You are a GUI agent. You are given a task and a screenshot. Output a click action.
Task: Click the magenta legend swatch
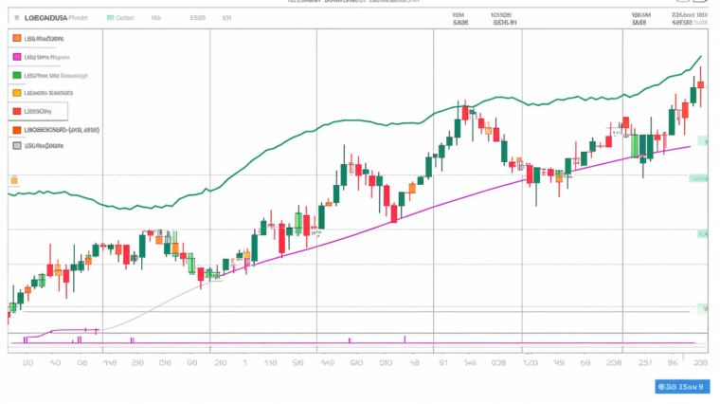tap(17, 56)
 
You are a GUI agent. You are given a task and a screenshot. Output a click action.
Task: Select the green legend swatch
tap(17, 74)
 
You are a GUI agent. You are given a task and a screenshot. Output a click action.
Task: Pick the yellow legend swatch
tap(17, 93)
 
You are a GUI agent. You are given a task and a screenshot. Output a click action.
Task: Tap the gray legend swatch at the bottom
tap(17, 146)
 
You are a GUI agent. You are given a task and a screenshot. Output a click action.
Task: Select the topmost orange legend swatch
tap(17, 38)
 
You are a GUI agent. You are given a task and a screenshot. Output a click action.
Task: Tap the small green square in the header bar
tap(111, 17)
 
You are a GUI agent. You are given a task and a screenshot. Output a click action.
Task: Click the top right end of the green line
tap(701, 57)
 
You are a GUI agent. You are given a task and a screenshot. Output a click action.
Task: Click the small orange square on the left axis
tap(13, 180)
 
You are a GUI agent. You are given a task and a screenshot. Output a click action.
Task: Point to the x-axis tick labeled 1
tap(245, 362)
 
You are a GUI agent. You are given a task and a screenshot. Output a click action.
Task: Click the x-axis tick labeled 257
tap(645, 362)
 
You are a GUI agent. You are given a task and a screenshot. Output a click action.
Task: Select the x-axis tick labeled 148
tap(110, 362)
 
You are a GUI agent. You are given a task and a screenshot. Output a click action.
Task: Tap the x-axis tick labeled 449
tap(327, 362)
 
